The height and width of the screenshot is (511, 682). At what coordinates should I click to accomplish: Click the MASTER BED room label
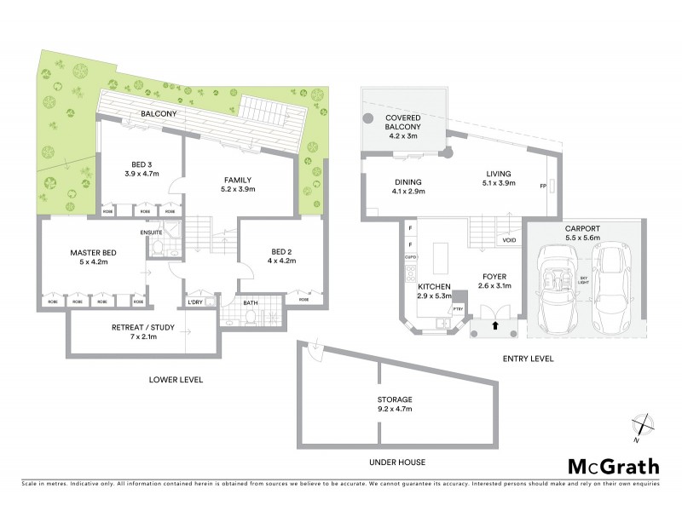93,253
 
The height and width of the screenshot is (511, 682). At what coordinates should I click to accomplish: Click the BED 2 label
280,252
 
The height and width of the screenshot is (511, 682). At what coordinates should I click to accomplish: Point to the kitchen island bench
441,256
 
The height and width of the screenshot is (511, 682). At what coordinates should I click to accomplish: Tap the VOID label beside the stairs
509,241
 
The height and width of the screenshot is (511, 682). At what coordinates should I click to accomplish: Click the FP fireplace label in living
542,186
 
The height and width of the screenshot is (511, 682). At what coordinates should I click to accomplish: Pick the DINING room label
384,181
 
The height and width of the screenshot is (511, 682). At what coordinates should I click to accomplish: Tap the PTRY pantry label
457,308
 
